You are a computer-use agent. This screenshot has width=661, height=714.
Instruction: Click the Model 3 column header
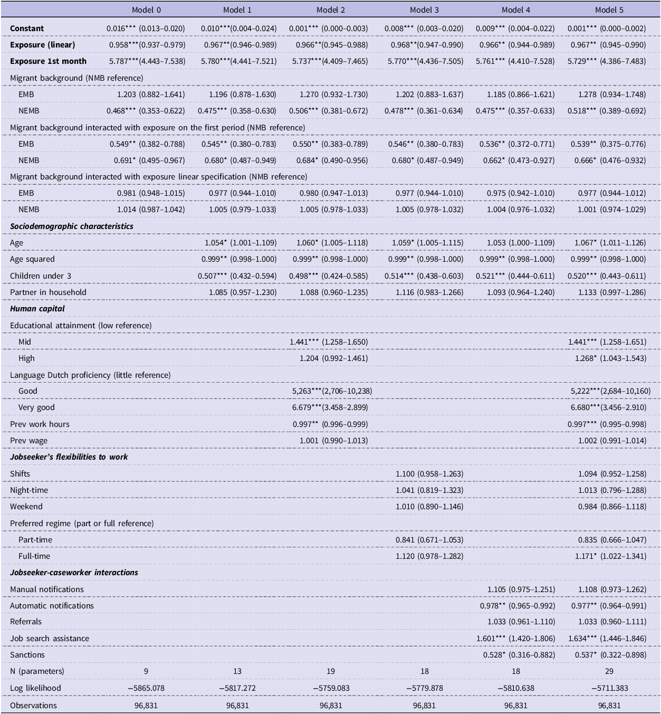424,9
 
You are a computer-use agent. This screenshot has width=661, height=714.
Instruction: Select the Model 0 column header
146,9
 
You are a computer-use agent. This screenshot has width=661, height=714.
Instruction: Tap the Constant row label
27,28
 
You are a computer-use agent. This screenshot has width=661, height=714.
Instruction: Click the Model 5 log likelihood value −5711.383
610,688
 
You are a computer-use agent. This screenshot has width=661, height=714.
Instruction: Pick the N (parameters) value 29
609,671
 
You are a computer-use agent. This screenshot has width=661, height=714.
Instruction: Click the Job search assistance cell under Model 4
515,638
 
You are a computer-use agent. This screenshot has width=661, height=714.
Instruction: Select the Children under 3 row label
41,276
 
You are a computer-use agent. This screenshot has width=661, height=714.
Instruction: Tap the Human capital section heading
37,309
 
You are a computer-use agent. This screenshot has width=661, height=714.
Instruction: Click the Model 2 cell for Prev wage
333,441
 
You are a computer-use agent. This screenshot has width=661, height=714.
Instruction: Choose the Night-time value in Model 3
429,490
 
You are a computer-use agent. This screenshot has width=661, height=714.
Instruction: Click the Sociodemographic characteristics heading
72,226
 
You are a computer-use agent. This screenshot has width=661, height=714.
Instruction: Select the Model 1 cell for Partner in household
243,292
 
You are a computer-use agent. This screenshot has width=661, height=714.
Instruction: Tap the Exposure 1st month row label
48,61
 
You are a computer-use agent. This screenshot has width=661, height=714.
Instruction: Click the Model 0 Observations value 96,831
146,706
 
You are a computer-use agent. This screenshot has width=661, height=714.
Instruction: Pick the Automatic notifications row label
52,605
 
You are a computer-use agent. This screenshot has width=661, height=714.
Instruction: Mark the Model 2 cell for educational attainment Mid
329,341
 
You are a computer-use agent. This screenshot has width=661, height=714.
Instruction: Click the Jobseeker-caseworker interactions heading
74,573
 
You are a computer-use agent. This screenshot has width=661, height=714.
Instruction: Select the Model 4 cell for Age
521,243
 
